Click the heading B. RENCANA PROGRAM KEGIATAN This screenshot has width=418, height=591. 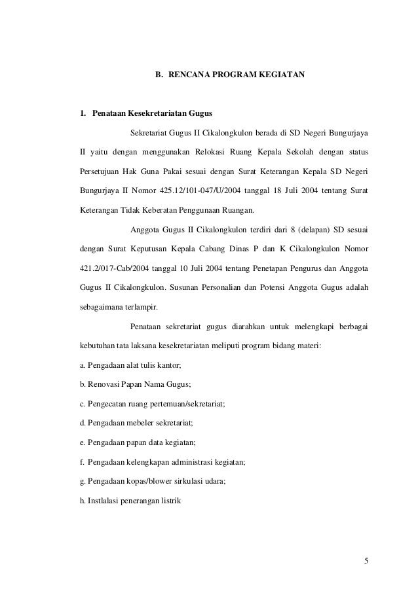(229, 75)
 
